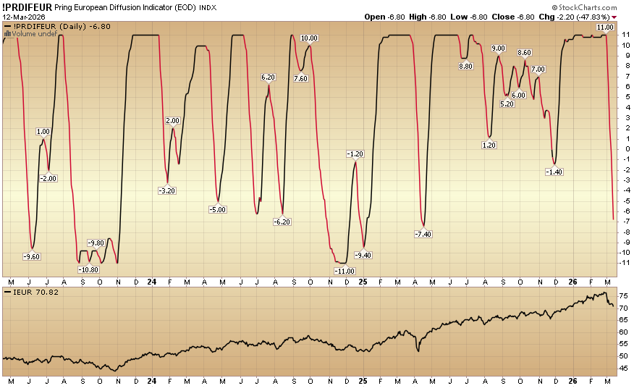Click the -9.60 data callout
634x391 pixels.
coord(32,256)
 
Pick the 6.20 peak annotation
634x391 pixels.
coord(269,77)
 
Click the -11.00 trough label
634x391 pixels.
coord(345,270)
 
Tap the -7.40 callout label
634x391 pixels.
coord(423,234)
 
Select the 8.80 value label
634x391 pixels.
coord(466,66)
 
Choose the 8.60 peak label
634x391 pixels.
coord(525,53)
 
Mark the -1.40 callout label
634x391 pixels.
coord(554,172)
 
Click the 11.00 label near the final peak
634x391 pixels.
coord(605,28)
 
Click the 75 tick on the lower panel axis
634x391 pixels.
coord(622,296)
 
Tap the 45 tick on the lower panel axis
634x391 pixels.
coord(622,368)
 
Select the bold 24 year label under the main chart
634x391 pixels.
coord(151,281)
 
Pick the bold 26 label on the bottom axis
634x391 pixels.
coord(573,281)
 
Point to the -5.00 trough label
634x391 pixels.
coord(218,209)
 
